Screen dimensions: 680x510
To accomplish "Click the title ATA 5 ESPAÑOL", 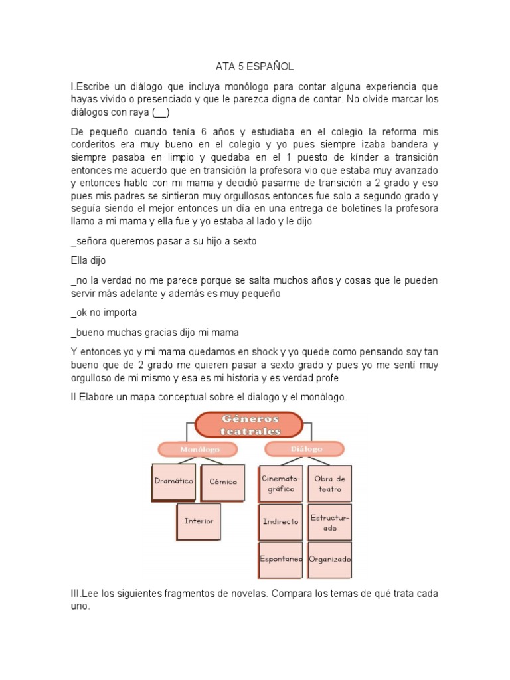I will [x=254, y=66].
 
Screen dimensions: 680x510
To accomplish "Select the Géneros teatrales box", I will [x=249, y=425].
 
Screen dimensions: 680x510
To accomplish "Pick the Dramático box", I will [x=173, y=481].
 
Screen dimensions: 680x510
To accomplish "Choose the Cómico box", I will [x=222, y=481].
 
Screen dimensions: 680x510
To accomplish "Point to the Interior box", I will [x=199, y=521].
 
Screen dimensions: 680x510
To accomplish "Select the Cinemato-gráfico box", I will [x=281, y=483].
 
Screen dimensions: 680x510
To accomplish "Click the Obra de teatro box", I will [x=330, y=483].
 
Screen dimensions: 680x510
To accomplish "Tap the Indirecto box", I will [x=281, y=521].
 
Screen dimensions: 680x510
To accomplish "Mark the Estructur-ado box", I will [x=330, y=521].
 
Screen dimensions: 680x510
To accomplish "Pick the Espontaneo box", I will [x=281, y=559].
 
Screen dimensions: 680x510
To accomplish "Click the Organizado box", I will [x=330, y=559].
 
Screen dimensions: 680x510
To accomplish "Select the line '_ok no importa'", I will [x=104, y=312].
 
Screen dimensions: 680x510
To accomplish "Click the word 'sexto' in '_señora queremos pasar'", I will [x=242, y=242].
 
